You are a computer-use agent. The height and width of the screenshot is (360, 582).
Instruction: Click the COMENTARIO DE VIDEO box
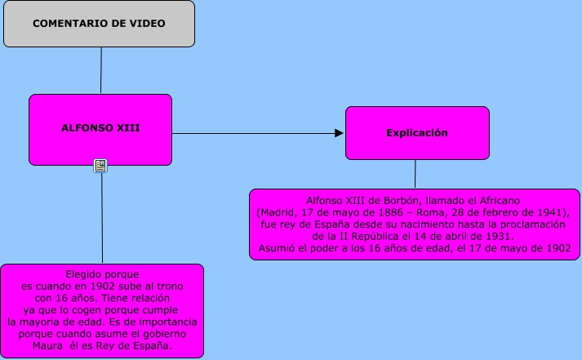(x=99, y=24)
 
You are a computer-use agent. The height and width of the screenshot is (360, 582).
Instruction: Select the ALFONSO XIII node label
(x=100, y=128)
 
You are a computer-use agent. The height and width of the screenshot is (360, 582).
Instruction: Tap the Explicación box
(x=417, y=132)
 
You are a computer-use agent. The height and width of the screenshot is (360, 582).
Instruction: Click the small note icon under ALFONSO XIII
(x=100, y=166)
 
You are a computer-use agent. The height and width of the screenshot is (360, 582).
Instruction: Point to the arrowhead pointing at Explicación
(x=340, y=132)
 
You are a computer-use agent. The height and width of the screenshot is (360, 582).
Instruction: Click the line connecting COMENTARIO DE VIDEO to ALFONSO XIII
(x=100, y=70)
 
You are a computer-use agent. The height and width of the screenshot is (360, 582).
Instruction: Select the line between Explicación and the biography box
(x=415, y=174)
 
